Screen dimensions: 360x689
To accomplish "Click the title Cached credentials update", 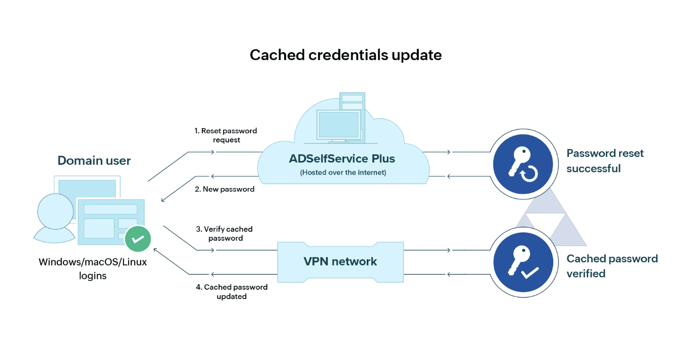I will pos(346,55).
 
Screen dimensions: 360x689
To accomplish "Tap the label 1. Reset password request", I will pos(226,135).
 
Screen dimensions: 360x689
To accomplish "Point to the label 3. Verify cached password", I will pos(225,233).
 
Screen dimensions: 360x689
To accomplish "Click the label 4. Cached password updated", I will pos(231,291).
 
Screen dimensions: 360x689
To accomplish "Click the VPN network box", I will pos(340,261).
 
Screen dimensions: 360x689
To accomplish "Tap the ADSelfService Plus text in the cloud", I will pos(343,159).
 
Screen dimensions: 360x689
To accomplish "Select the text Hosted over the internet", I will pos(343,173).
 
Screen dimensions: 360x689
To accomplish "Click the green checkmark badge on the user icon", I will pos(138,239).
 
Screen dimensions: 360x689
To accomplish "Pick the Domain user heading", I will pos(94,161).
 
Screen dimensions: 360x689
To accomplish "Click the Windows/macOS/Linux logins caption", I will pos(93,269).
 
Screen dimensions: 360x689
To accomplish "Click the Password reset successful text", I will pos(605,161).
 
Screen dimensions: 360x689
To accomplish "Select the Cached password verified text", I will pos(612,265).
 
